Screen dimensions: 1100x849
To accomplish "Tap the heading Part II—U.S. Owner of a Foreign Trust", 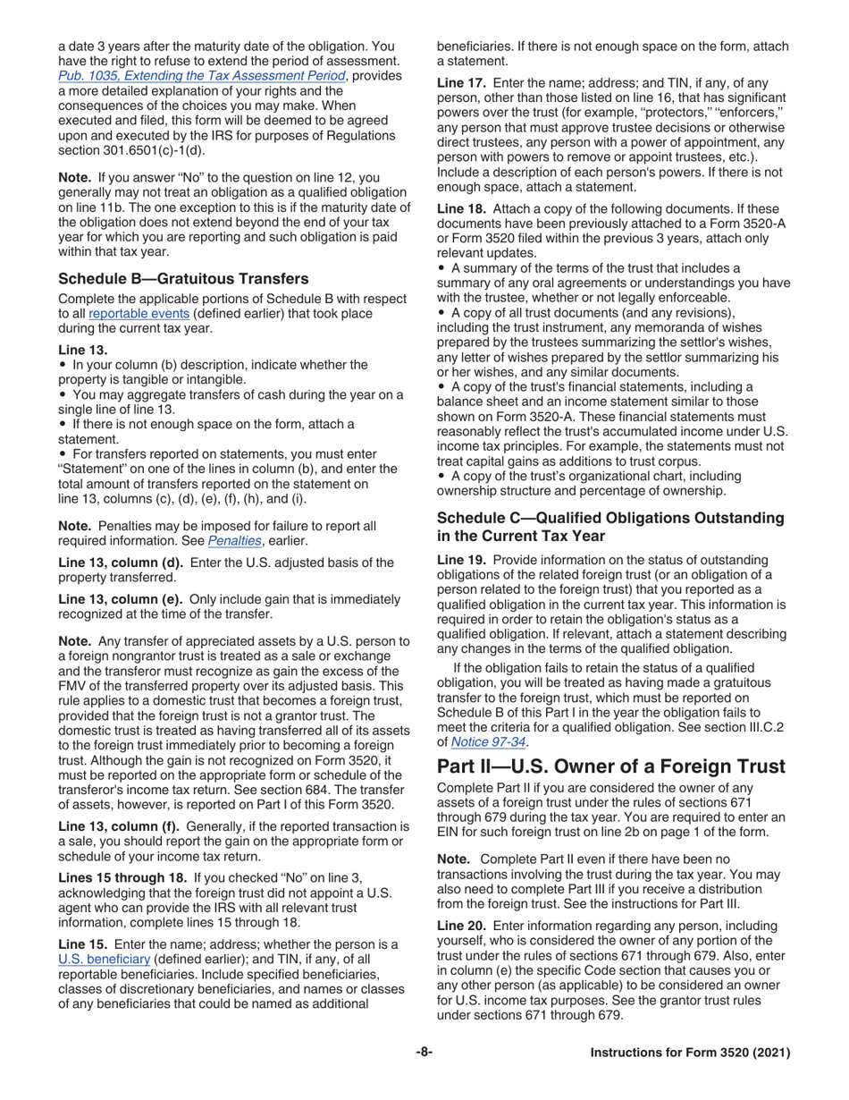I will click(612, 765).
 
